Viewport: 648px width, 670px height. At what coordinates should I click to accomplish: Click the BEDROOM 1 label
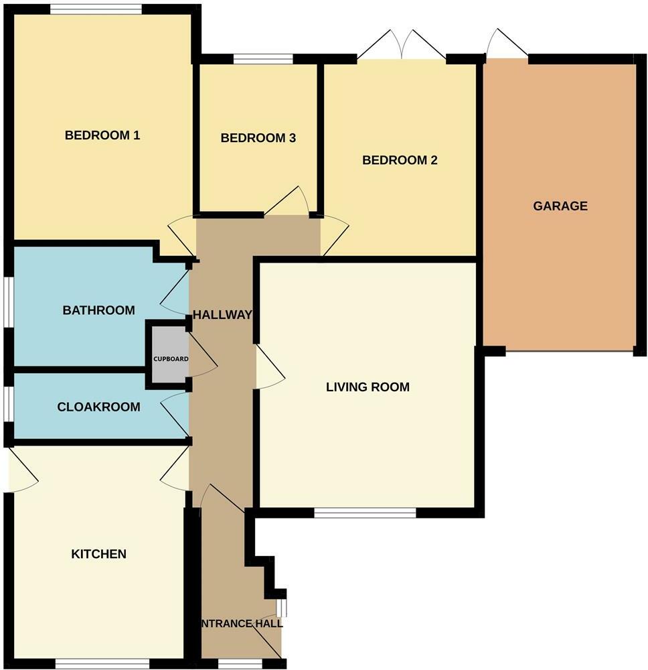(x=102, y=135)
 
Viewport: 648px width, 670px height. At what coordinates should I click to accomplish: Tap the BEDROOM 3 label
(x=258, y=139)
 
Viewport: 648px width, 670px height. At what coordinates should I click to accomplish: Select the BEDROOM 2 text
(x=400, y=160)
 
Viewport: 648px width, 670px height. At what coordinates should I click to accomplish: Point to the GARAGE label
(x=560, y=206)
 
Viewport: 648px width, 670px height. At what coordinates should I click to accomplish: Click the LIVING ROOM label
(x=368, y=387)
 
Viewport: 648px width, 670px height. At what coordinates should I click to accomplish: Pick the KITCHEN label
(x=99, y=554)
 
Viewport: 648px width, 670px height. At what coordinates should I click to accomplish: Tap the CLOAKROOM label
(x=98, y=407)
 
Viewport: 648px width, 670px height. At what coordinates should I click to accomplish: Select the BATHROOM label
(x=98, y=310)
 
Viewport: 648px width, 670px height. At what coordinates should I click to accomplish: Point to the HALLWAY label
(x=222, y=315)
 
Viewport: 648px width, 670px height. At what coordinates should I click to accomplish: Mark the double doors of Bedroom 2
(x=402, y=46)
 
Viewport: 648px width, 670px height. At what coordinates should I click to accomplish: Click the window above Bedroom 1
(x=95, y=9)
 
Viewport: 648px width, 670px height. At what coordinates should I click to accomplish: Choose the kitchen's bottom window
(x=102, y=663)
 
